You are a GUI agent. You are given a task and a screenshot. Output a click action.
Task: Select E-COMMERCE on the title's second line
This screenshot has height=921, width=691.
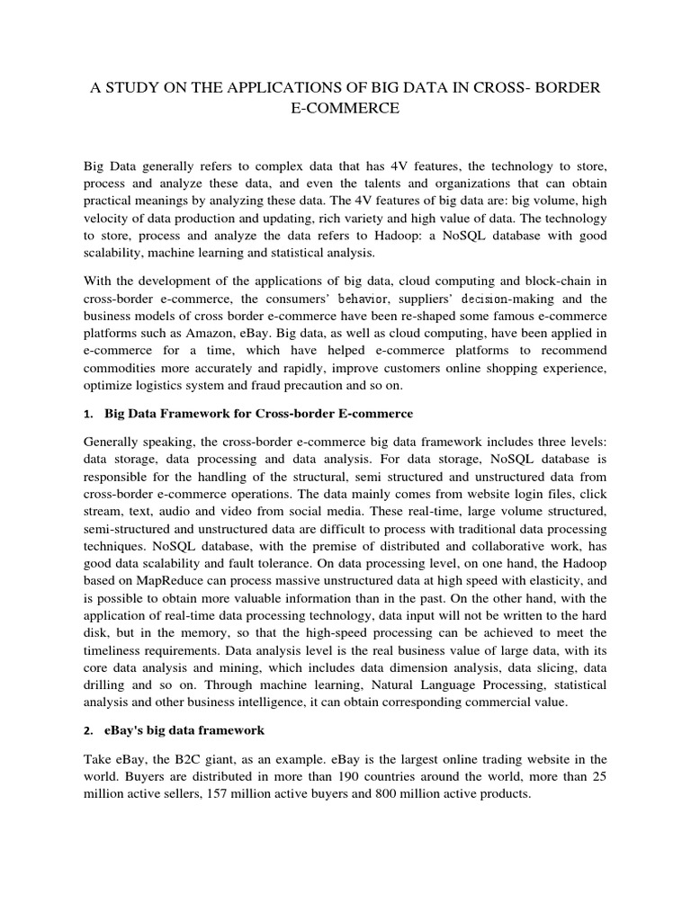345,109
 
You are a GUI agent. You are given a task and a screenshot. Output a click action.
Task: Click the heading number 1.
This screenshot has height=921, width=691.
88,415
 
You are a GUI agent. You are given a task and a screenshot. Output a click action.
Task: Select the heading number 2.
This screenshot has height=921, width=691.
88,730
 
